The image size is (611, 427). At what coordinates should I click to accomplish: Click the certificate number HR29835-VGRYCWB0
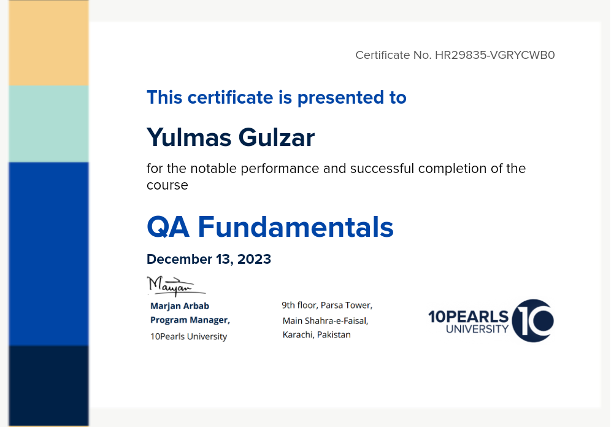[495, 55]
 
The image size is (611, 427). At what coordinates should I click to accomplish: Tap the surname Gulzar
[277, 137]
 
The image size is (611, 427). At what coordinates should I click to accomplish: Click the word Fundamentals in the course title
[296, 227]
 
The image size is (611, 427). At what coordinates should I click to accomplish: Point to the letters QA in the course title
[168, 227]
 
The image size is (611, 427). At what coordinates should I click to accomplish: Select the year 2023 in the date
[254, 259]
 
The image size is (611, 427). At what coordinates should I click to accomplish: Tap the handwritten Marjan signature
[176, 286]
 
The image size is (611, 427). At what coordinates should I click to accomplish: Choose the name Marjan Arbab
[180, 306]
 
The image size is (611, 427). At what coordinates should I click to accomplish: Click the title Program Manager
[190, 320]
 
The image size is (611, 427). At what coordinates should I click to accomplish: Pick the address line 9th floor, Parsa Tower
[327, 305]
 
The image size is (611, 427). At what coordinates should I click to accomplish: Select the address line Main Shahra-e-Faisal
[325, 321]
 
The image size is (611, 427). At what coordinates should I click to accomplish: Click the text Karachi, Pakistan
[317, 334]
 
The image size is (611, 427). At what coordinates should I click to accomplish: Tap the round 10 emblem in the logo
[532, 321]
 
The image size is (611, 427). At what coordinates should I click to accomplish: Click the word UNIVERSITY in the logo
[477, 329]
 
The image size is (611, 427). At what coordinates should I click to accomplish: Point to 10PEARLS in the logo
[469, 317]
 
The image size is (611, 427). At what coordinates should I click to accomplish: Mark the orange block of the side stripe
[48, 43]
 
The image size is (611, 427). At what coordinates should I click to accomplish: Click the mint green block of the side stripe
[48, 124]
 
